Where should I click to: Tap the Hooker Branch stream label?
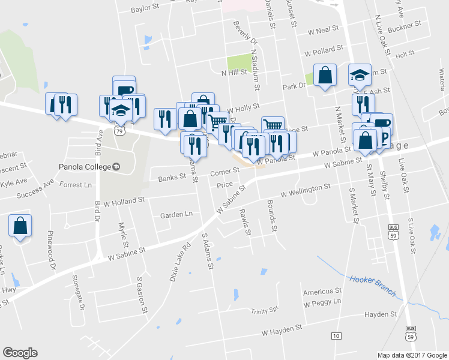coord(373,286)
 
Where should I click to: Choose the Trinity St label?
coord(265,311)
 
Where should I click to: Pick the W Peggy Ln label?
coord(322,302)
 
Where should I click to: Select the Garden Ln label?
coord(176,214)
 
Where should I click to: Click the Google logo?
coord(20,353)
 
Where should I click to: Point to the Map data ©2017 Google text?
coord(412,355)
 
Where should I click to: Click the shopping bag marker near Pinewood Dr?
coord(20,226)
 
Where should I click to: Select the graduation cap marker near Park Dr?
coord(360,75)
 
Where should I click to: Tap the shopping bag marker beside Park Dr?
coord(325,76)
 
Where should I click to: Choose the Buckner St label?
coord(405,28)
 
